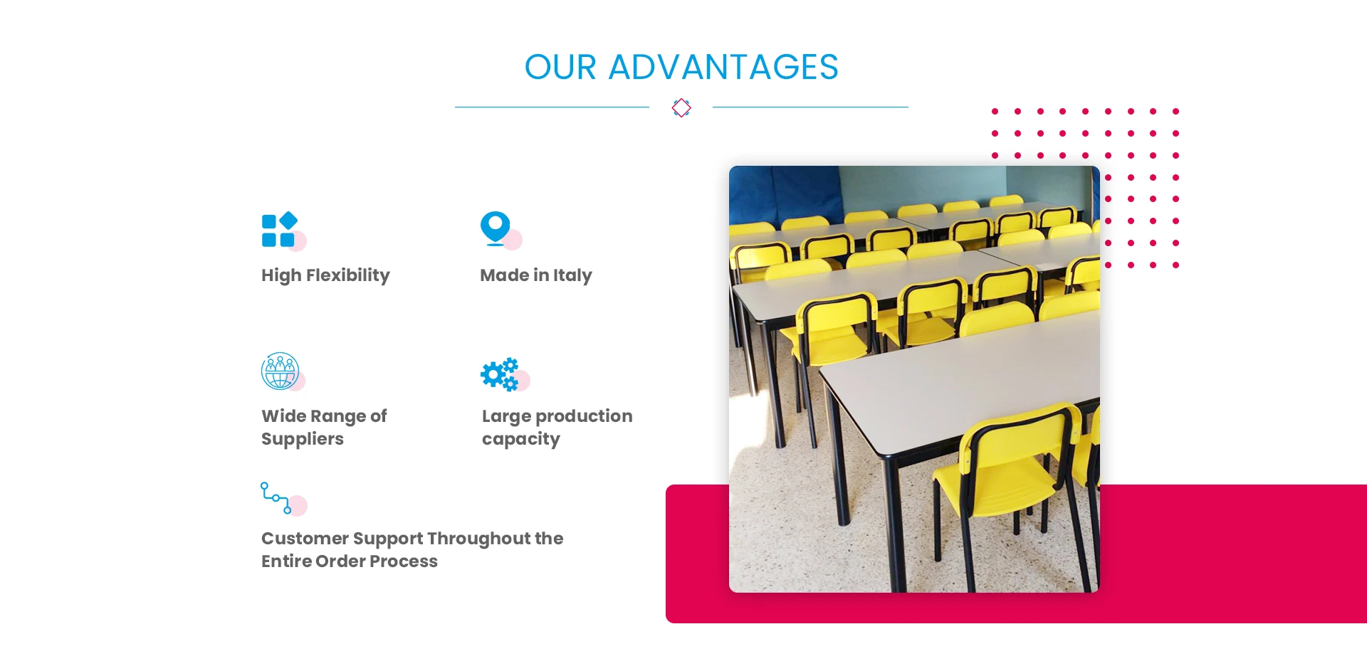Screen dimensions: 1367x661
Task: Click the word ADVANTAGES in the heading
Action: (x=723, y=68)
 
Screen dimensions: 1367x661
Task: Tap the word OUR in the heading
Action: (x=560, y=68)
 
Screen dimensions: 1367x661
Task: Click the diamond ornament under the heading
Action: (x=681, y=107)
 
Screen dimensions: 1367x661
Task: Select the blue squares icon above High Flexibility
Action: (x=279, y=230)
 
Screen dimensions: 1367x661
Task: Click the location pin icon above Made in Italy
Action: (x=496, y=228)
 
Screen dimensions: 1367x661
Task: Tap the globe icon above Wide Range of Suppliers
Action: (x=280, y=371)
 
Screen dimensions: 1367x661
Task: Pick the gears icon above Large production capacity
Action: (x=500, y=374)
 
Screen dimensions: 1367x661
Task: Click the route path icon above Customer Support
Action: (x=276, y=498)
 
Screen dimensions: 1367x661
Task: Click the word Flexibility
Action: (x=348, y=275)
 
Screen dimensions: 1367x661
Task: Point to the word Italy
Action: (x=572, y=275)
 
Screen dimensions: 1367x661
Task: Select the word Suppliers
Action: (x=303, y=439)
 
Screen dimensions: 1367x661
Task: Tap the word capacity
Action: (x=521, y=439)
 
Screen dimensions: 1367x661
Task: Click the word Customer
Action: (x=305, y=539)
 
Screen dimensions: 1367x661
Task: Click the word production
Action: (x=584, y=416)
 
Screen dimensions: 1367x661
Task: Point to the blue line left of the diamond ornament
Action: (x=552, y=107)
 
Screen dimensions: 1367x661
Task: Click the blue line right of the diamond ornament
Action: (x=810, y=107)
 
